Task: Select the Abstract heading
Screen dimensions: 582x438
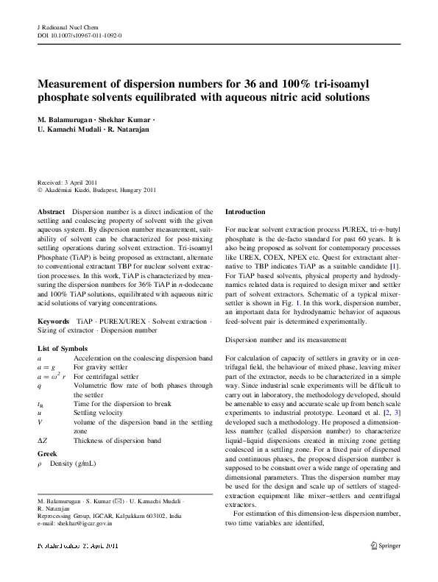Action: click(51, 211)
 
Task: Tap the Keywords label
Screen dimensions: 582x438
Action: click(54, 322)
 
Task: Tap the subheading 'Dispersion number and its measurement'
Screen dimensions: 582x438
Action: click(286, 340)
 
